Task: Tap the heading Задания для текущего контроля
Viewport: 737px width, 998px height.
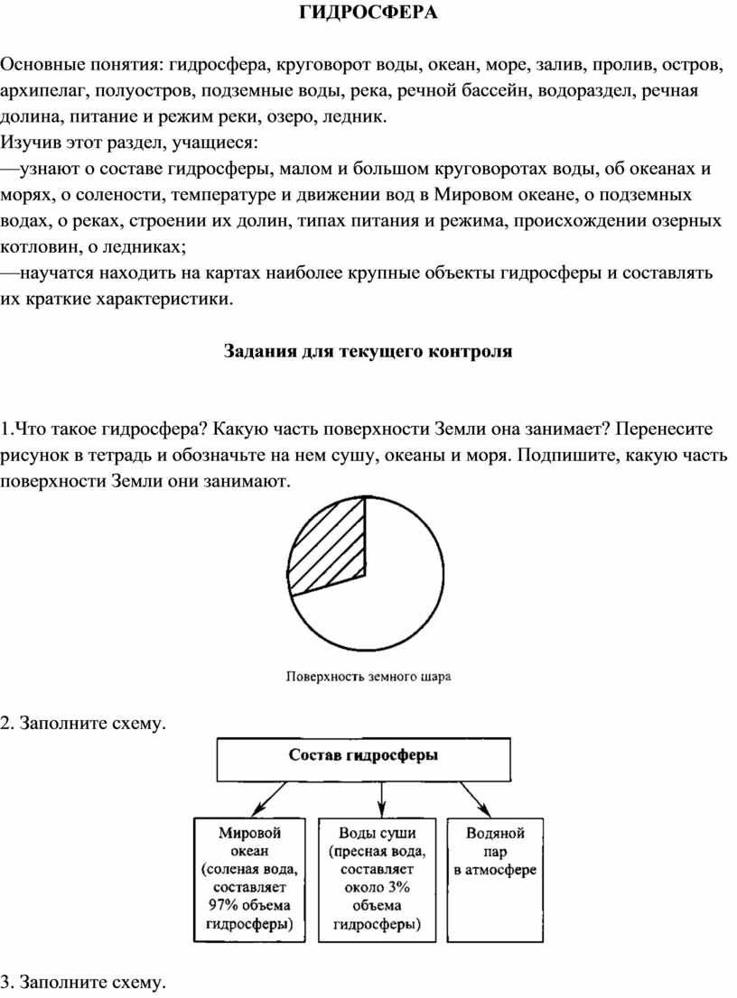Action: click(368, 351)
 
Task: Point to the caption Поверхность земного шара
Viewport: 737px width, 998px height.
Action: click(368, 674)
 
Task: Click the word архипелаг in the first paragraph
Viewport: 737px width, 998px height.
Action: click(39, 91)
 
